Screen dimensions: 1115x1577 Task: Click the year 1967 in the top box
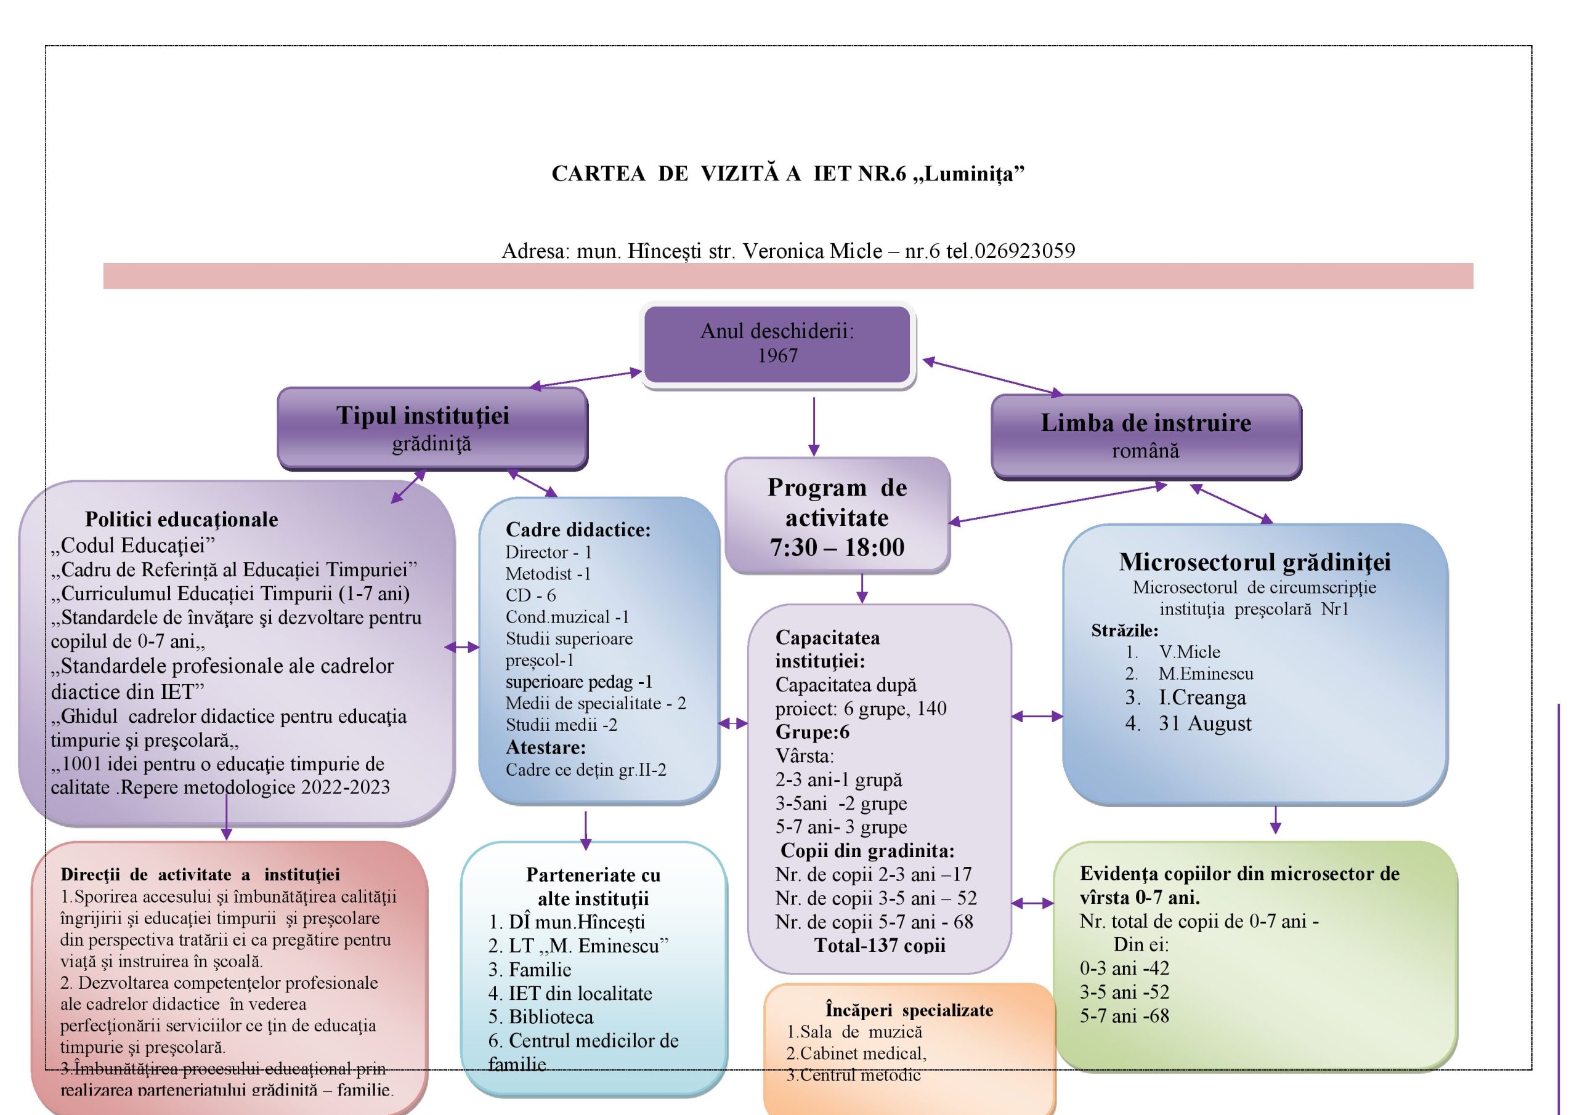pyautogui.click(x=777, y=356)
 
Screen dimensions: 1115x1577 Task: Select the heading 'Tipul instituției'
pyautogui.click(x=423, y=416)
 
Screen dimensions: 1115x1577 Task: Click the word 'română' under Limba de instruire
pyautogui.click(x=1145, y=451)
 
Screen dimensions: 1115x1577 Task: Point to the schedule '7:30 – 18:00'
pyautogui.click(x=837, y=547)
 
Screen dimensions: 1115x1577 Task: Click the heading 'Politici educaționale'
pyautogui.click(x=181, y=520)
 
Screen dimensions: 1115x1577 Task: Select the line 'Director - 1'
pyautogui.click(x=548, y=553)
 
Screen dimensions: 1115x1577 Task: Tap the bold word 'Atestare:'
pyautogui.click(x=545, y=747)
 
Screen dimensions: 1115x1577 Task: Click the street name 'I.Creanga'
pyautogui.click(x=1201, y=698)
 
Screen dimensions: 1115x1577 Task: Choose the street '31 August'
pyautogui.click(x=1205, y=723)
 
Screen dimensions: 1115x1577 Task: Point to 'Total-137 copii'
pyautogui.click(x=879, y=946)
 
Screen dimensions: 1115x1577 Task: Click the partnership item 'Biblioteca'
pyautogui.click(x=550, y=1017)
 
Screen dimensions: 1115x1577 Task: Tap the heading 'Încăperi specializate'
pyautogui.click(x=909, y=1010)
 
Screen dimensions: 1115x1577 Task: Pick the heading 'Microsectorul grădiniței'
pyautogui.click(x=1254, y=562)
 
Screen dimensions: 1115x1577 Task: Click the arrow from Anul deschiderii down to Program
pyautogui.click(x=814, y=425)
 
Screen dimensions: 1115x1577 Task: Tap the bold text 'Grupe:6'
pyautogui.click(x=812, y=732)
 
